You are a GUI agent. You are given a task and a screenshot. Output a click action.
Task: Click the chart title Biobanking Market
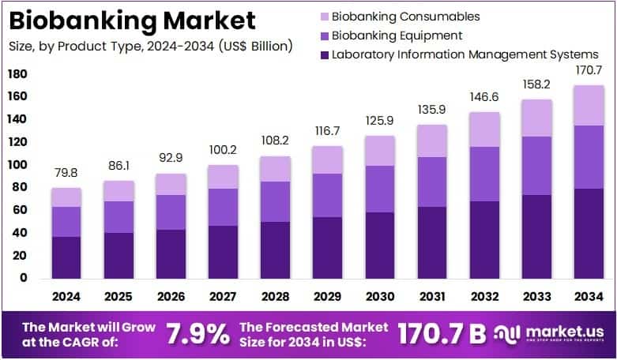click(132, 20)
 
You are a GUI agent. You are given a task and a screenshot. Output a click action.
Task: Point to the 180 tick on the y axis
click(17, 74)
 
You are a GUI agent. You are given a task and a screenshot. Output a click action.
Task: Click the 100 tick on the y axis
click(17, 165)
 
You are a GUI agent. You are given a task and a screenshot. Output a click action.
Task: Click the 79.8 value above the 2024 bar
click(67, 174)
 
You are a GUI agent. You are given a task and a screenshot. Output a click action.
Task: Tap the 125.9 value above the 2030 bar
click(378, 121)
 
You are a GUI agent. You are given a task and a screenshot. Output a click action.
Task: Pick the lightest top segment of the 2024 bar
click(67, 197)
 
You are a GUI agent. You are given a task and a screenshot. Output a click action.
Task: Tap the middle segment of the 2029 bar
click(328, 195)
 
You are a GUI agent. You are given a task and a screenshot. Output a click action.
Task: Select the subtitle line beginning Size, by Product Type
click(150, 46)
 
